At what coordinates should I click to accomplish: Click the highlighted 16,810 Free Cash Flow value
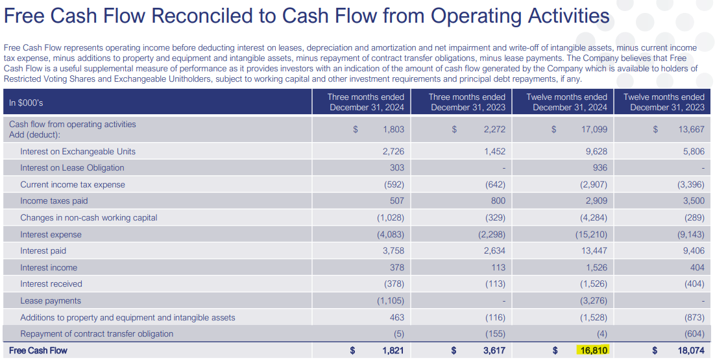[x=592, y=351]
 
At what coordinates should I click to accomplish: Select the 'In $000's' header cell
[x=27, y=102]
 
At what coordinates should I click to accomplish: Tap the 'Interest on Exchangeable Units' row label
[x=78, y=151]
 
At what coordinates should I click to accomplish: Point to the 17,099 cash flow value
[x=594, y=129]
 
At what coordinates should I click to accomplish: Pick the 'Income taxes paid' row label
[x=54, y=201]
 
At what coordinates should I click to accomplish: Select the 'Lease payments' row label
[x=51, y=301]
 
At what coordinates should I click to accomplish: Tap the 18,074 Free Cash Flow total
[x=691, y=351]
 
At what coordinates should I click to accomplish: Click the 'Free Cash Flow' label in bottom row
[x=38, y=351]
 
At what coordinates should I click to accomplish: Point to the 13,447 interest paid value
[x=594, y=251]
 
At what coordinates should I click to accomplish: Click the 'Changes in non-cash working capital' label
[x=89, y=218]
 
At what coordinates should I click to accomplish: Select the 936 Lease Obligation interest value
[x=600, y=168]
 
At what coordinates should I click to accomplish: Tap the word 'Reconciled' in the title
[x=213, y=16]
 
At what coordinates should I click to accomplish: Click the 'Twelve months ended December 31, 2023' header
[x=664, y=102]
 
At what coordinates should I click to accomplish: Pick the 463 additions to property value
[x=396, y=318]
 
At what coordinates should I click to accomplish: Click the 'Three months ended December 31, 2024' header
[x=367, y=102]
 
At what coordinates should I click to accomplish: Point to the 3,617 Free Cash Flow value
[x=494, y=351]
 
